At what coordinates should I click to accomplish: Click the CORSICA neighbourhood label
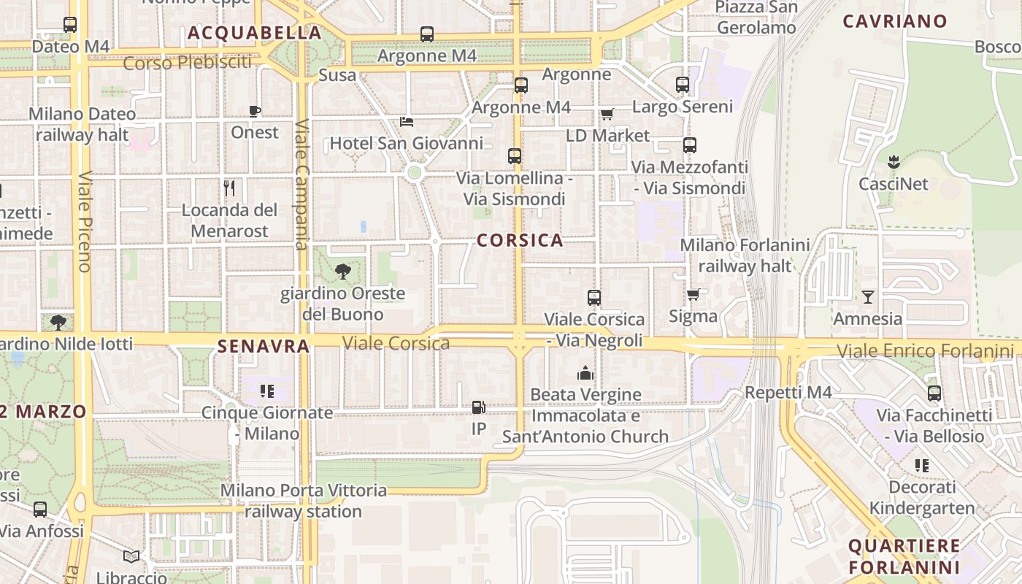[520, 240]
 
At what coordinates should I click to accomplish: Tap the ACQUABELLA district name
[255, 33]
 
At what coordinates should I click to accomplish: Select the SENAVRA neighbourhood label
[264, 346]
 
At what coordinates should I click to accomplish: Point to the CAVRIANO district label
[895, 21]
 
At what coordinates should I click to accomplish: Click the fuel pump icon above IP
[478, 407]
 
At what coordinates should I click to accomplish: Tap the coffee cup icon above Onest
[254, 111]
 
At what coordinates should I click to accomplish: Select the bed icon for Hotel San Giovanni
[407, 121]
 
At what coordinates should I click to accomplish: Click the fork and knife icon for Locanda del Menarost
[229, 188]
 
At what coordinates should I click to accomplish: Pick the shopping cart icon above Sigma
[693, 294]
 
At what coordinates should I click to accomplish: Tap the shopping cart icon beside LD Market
[607, 114]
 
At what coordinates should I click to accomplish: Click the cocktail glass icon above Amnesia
[867, 296]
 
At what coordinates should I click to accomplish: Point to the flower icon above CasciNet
[893, 161]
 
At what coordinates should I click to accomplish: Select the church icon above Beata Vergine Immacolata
[585, 374]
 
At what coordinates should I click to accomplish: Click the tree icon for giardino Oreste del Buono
[342, 272]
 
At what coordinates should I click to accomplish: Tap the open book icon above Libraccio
[131, 557]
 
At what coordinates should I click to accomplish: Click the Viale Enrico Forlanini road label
[925, 351]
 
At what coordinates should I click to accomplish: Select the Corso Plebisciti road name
[187, 63]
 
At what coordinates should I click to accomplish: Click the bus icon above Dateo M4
[70, 25]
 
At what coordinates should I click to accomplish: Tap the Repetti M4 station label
[788, 393]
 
